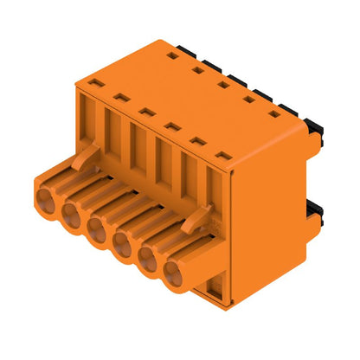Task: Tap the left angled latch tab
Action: [x=84, y=156]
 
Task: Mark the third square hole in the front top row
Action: [x=148, y=112]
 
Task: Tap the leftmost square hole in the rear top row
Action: [x=173, y=55]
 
